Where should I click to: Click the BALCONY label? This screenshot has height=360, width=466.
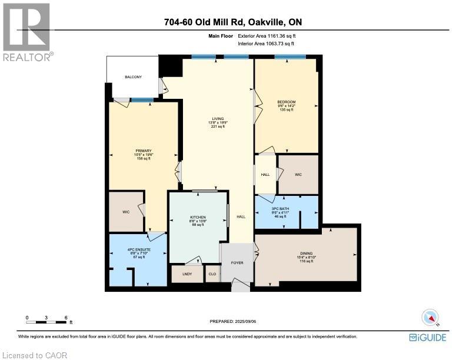pyautogui.click(x=133, y=77)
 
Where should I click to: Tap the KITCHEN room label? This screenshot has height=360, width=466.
pyautogui.click(x=198, y=218)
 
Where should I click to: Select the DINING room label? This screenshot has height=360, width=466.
pyautogui.click(x=305, y=252)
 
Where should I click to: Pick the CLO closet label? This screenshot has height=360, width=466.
pyautogui.click(x=212, y=274)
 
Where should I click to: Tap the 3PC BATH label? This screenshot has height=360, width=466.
pyautogui.click(x=286, y=209)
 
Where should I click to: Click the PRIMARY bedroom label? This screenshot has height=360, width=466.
pyautogui.click(x=144, y=151)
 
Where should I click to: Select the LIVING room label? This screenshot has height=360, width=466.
pyautogui.click(x=218, y=119)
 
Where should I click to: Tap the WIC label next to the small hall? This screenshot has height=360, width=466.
pyautogui.click(x=298, y=175)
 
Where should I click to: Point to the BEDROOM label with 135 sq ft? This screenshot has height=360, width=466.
pyautogui.click(x=287, y=102)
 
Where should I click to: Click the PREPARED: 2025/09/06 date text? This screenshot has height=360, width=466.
pyautogui.click(x=233, y=321)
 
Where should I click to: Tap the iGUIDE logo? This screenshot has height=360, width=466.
pyautogui.click(x=428, y=337)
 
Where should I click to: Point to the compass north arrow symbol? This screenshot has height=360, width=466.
pyautogui.click(x=431, y=318)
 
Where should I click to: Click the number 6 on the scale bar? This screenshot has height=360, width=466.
pyautogui.click(x=65, y=318)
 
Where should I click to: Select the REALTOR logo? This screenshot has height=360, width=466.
pyautogui.click(x=26, y=31)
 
